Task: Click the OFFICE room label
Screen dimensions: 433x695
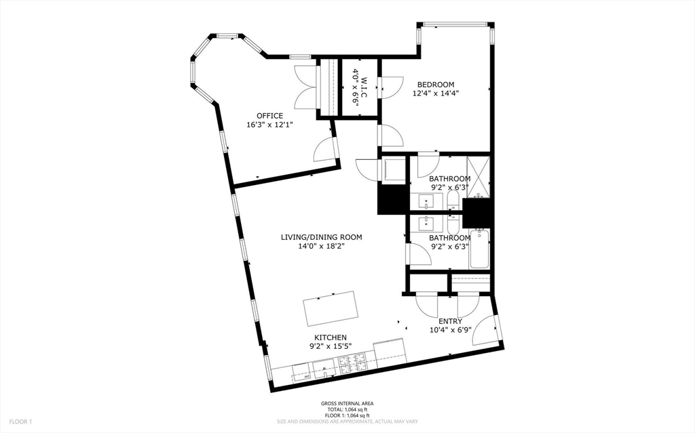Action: pyautogui.click(x=269, y=116)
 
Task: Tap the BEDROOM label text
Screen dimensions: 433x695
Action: pyautogui.click(x=436, y=85)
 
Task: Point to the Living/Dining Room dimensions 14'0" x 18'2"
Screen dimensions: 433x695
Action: pyautogui.click(x=322, y=247)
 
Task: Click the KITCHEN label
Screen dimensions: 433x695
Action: pyautogui.click(x=331, y=337)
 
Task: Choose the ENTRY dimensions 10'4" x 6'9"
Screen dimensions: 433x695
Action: pyautogui.click(x=450, y=330)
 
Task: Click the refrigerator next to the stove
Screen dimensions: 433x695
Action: pyautogui.click(x=389, y=350)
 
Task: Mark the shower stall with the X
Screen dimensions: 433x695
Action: pyautogui.click(x=480, y=175)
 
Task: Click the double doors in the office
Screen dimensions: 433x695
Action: pyautogui.click(x=306, y=87)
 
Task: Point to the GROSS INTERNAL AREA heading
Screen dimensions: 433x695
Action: pyautogui.click(x=347, y=404)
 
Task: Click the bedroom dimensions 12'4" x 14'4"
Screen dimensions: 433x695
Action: pyautogui.click(x=436, y=94)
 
